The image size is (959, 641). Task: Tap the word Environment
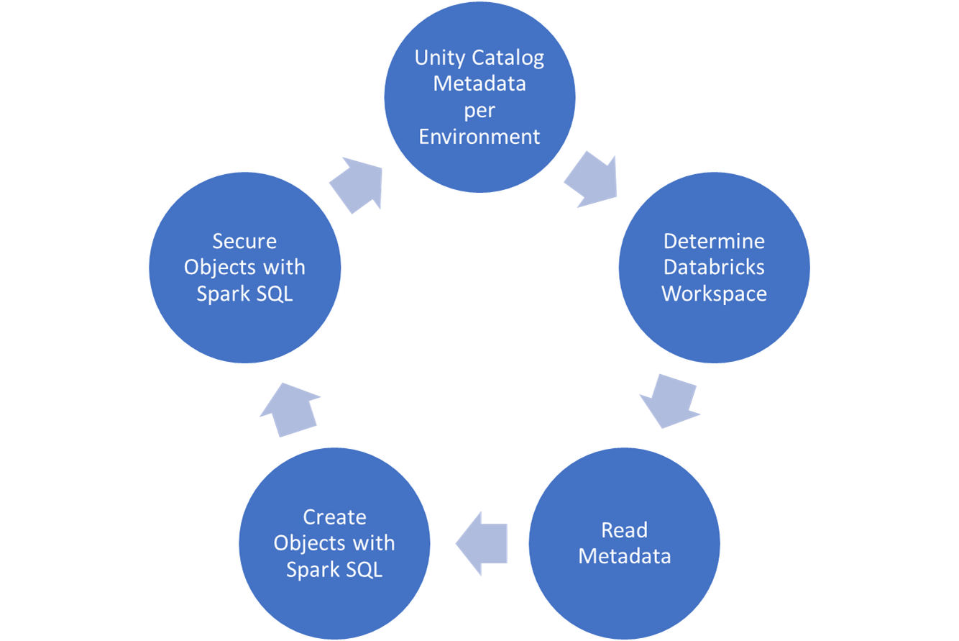(x=479, y=136)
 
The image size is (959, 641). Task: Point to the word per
(x=479, y=110)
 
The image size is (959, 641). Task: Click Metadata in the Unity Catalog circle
(x=479, y=83)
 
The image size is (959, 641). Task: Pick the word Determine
(x=714, y=240)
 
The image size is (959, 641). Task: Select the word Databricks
(x=714, y=267)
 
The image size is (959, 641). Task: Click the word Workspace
(x=714, y=294)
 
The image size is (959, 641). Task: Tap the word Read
(x=624, y=530)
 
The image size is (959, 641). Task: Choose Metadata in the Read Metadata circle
(x=624, y=556)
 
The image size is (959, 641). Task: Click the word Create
(x=334, y=517)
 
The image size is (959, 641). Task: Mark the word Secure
(x=244, y=240)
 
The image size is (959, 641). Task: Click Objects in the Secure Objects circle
(x=219, y=267)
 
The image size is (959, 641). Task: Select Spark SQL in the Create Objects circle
(x=334, y=569)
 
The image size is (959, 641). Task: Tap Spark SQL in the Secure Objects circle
(x=244, y=294)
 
